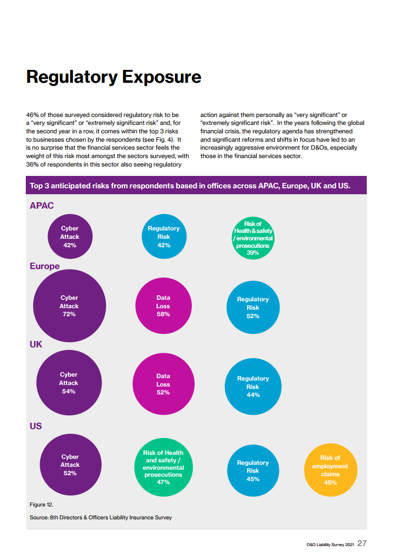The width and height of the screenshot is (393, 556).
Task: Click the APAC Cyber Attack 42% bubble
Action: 70,236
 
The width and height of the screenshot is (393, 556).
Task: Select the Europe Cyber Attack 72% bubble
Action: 69,306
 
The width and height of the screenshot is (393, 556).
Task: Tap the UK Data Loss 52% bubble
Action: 163,384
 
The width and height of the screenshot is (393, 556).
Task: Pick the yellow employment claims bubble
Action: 330,470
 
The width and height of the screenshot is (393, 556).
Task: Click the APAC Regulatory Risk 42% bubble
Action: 164,236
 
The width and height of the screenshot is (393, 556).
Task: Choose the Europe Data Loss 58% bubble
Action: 163,306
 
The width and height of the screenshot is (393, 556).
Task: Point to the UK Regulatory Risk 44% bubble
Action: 253,387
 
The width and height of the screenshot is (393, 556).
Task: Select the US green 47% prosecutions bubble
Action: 163,467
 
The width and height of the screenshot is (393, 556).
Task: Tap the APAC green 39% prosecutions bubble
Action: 253,238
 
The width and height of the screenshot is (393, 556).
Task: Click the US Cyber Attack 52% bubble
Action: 70,465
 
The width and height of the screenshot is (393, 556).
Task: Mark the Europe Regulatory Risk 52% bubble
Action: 253,307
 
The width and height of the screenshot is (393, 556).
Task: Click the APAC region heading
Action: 42,206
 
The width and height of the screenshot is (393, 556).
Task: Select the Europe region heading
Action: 45,266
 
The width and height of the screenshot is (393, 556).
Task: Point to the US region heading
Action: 36,426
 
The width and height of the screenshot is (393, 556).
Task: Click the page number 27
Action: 362,543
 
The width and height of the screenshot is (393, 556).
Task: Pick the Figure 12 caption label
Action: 42,504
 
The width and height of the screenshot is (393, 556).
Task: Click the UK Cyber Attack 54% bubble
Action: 69,383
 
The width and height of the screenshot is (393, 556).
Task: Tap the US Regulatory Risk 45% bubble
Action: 253,470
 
